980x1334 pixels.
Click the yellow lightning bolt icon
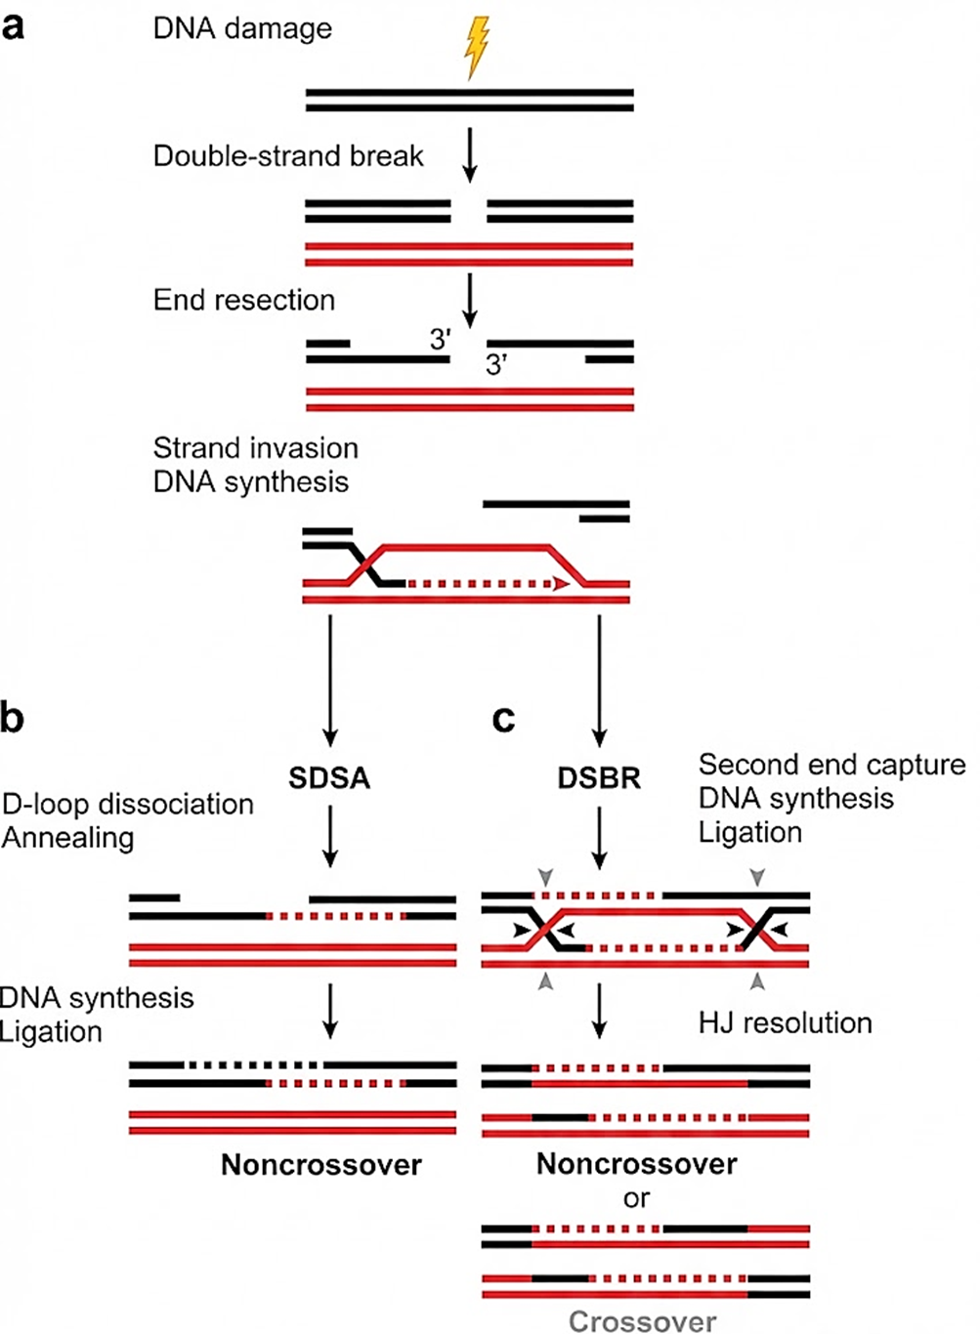(476, 46)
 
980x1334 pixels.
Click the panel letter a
(14, 25)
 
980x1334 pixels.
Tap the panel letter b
(13, 718)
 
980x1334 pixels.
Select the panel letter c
(503, 719)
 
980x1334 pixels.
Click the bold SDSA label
(329, 778)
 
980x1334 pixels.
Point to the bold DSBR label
(599, 778)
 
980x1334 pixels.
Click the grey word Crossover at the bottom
(642, 1321)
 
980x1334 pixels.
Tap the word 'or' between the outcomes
(636, 1198)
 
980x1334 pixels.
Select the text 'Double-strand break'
(288, 156)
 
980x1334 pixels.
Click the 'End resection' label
(244, 300)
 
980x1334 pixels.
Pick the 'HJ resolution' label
(786, 1023)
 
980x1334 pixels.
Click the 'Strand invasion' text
(256, 448)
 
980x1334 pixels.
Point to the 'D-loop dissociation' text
(128, 805)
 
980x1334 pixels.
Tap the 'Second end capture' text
(831, 765)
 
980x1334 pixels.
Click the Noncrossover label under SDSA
(321, 1165)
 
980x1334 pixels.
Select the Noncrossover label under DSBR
(637, 1164)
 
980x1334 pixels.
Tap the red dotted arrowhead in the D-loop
(561, 584)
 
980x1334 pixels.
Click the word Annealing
(68, 838)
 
